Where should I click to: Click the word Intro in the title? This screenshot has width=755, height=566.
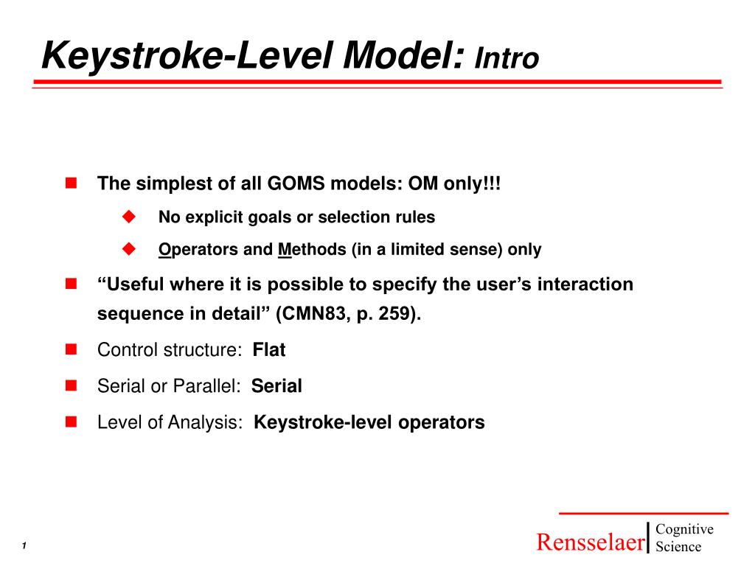click(507, 58)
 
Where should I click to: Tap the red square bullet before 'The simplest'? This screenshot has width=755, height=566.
click(71, 183)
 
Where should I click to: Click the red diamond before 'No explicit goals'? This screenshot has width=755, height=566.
click(131, 217)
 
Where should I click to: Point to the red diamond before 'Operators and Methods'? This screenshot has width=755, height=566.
click(131, 249)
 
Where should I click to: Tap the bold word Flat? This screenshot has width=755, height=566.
click(268, 350)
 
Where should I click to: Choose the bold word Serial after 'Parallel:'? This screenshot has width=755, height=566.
click(276, 386)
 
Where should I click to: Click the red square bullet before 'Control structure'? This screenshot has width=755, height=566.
click(71, 349)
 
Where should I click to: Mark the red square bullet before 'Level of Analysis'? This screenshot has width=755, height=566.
click(71, 422)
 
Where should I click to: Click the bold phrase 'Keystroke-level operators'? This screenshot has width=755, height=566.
click(369, 422)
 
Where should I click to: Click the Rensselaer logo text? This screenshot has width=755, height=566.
click(590, 542)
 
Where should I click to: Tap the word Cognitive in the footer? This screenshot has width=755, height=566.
click(684, 529)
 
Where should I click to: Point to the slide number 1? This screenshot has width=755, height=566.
click(24, 545)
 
